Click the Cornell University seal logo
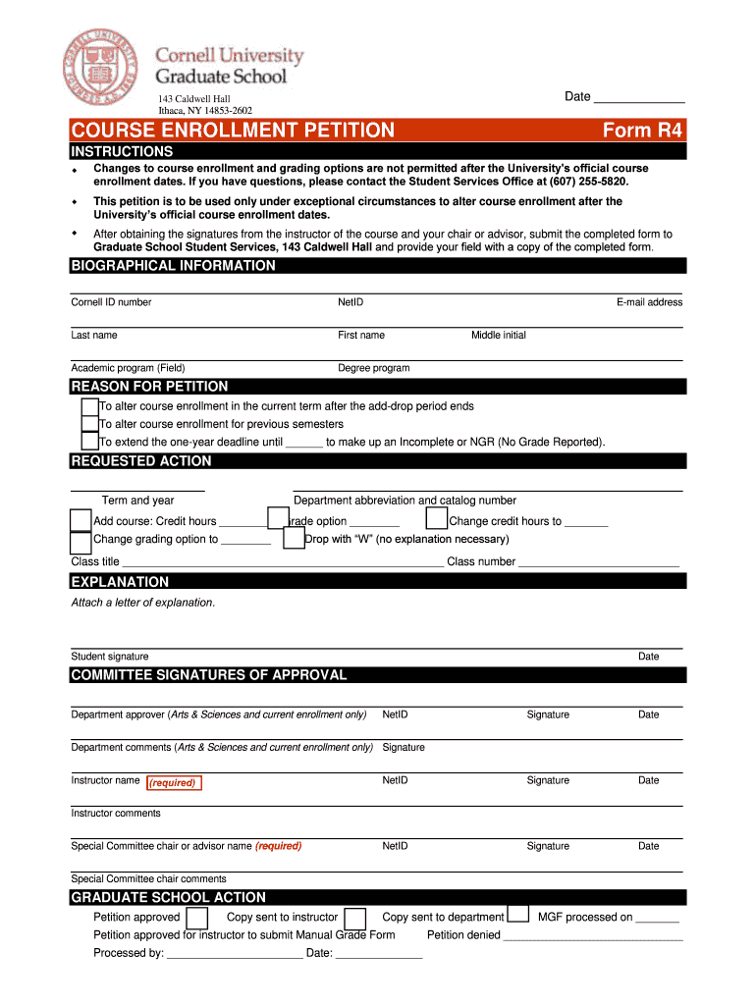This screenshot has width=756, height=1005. [101, 66]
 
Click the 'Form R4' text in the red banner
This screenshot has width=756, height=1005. [643, 131]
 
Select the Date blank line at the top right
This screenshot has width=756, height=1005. [639, 97]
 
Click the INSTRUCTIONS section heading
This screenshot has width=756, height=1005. [122, 152]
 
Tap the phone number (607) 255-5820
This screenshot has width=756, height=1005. [587, 182]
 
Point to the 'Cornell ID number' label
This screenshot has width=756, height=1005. [111, 302]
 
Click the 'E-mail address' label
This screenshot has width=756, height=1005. [649, 302]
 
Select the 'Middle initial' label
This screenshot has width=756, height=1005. [498, 336]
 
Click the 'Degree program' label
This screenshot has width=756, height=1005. [373, 368]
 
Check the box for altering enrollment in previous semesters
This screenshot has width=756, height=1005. [89, 424]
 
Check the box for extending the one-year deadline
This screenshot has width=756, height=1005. [89, 442]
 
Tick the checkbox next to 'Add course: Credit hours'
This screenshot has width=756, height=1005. [81, 519]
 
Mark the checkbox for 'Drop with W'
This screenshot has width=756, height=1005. [293, 539]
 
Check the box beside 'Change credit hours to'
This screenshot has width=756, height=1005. [436, 519]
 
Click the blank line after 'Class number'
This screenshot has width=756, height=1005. [598, 563]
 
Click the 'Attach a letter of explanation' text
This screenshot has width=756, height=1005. [142, 603]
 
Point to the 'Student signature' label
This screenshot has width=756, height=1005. [110, 657]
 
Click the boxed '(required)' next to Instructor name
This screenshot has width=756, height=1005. [173, 783]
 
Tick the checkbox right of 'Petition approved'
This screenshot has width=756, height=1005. [197, 918]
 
